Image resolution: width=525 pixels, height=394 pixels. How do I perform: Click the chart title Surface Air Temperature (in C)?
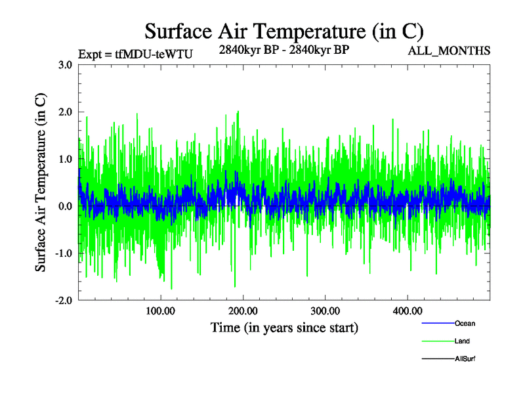point(284,31)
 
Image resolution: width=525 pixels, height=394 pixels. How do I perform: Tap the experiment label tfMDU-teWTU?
point(135,55)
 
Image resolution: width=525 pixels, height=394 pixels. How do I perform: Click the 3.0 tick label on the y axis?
point(64,65)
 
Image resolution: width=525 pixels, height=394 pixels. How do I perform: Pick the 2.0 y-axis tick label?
point(64,112)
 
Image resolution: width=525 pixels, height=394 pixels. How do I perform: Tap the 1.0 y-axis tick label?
point(64,159)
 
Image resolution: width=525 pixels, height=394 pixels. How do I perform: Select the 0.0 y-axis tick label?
point(64,206)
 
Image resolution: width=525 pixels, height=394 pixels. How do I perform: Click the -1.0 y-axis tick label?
point(63,253)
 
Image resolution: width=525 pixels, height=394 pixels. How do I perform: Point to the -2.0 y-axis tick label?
point(63,301)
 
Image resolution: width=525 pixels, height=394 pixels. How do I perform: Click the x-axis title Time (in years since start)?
point(284,326)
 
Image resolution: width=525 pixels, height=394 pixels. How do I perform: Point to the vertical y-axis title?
point(41,183)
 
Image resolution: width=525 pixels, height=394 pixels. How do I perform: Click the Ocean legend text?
point(465,323)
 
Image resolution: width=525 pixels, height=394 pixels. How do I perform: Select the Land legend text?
point(462,341)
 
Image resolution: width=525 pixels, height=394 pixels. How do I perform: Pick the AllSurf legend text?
point(465,359)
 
